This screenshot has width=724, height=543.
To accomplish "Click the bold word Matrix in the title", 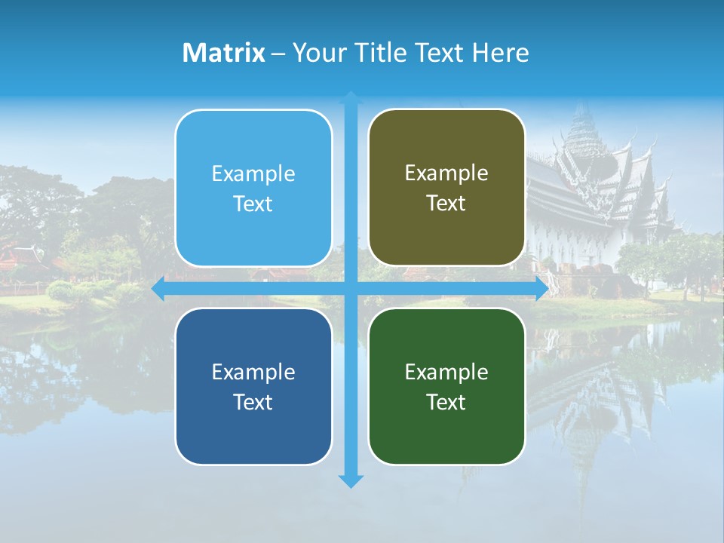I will click(223, 53).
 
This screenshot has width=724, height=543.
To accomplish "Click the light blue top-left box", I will click(253, 189).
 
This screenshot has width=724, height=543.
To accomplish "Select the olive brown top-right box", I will click(446, 188).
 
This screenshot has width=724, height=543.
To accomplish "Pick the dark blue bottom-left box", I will click(253, 387).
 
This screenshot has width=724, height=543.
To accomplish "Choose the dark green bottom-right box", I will click(446, 387).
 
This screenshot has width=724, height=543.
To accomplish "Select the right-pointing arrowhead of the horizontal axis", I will click(541, 289).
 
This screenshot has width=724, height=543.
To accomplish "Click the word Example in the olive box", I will click(446, 173).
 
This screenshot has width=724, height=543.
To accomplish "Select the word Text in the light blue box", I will click(253, 204).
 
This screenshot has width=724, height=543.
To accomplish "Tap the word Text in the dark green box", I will click(446, 403).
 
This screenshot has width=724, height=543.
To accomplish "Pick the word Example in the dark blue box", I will click(253, 372).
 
